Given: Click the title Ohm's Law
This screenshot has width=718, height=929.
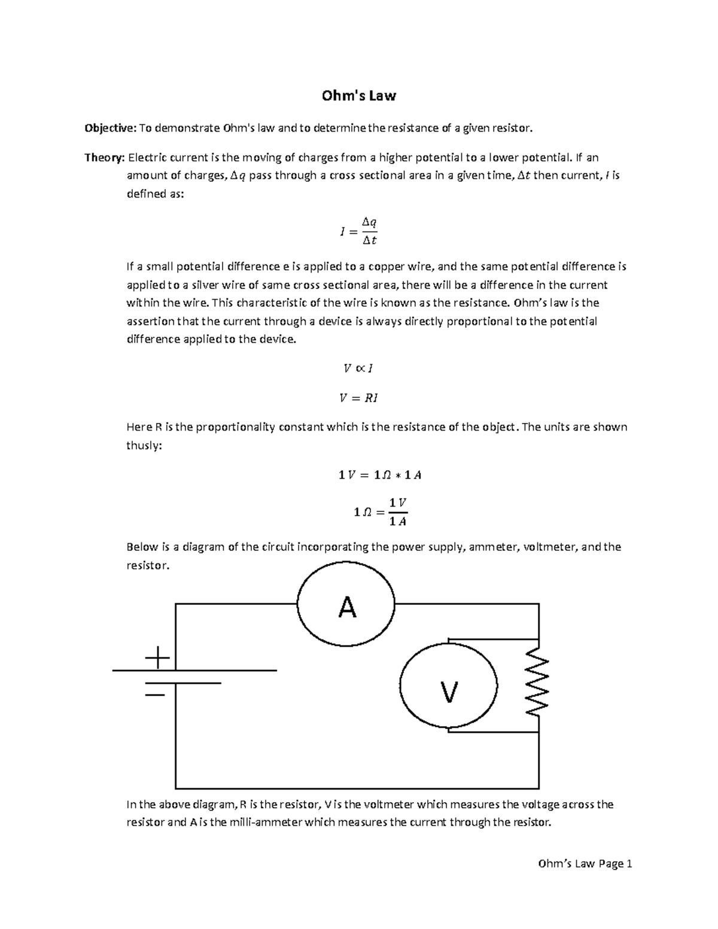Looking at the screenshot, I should [x=358, y=96].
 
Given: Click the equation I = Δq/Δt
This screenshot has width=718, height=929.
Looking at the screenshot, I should [x=358, y=231].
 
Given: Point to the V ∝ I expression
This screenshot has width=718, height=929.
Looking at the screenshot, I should [x=358, y=368].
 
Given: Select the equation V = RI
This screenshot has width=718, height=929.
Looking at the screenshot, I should [x=358, y=398].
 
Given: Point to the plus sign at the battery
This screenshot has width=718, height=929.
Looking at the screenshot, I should [x=157, y=659].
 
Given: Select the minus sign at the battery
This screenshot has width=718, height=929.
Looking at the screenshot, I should [x=155, y=695].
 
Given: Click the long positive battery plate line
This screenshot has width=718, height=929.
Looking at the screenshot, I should [x=194, y=671].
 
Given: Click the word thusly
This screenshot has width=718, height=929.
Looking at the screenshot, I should [x=144, y=446].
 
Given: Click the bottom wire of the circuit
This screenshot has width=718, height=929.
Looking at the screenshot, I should [x=357, y=788].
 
